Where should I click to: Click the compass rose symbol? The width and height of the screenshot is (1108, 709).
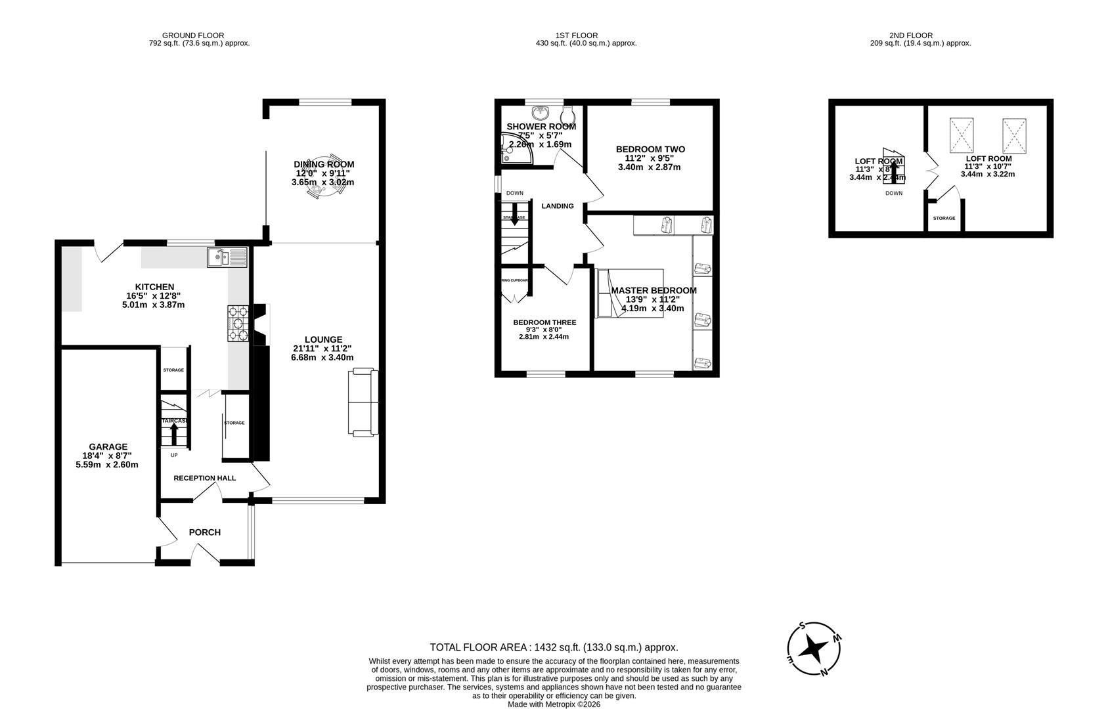tap(814, 649)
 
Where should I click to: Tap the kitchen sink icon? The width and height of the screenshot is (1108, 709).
tap(227, 257)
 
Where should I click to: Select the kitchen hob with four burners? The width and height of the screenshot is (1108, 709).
tap(238, 324)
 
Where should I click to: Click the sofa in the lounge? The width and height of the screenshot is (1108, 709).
tap(363, 402)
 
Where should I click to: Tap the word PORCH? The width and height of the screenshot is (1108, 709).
tap(205, 532)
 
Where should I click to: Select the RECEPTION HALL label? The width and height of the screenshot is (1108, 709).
tap(204, 478)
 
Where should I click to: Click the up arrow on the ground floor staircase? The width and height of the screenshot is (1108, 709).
tap(174, 434)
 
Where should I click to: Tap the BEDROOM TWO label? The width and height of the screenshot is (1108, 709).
tap(650, 150)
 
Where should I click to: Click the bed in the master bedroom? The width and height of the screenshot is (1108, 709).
tap(629, 293)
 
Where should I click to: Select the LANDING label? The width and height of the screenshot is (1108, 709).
tap(557, 206)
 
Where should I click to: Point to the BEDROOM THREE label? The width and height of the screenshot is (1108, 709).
tap(544, 322)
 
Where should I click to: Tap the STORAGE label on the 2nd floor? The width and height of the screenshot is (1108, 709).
tap(944, 218)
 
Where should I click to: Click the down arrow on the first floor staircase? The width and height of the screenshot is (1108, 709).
tap(514, 219)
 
